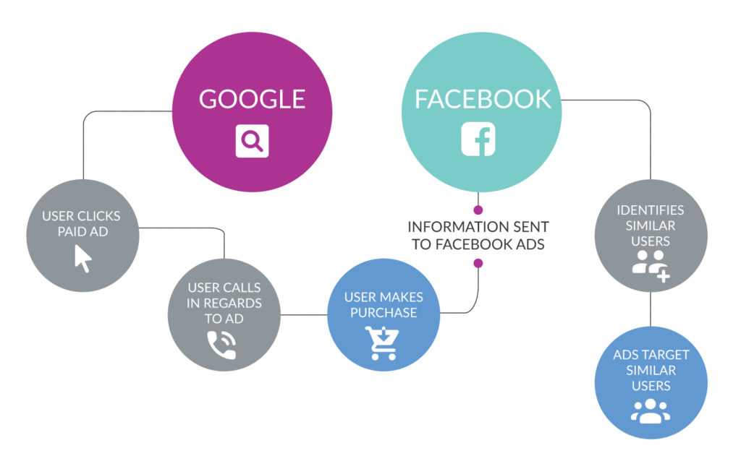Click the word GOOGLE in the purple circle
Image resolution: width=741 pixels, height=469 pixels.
252,99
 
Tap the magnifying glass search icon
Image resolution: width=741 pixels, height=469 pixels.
252,141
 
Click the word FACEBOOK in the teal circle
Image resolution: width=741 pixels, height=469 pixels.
483,99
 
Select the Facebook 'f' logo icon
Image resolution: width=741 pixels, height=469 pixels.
478,139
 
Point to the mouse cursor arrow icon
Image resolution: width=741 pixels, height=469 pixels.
83,258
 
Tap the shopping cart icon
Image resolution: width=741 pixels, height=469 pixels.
382,343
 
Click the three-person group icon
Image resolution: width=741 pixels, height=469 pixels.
651,410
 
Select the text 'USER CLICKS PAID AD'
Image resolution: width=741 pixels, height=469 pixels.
81,223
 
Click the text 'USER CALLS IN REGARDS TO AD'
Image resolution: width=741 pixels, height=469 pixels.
224,303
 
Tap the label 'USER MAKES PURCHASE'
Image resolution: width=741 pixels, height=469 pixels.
384,305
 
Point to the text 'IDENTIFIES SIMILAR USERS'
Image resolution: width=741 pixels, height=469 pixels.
651,225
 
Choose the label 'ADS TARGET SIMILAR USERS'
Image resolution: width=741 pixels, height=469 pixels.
651,370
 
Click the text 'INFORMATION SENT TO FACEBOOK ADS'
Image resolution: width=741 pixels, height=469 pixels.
478,236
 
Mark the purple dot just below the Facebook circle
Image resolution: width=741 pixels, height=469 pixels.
478,209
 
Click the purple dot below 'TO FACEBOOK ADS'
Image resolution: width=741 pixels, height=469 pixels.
478,263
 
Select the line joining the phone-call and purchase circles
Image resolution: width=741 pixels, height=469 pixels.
304,314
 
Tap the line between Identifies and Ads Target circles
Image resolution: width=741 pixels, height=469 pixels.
651,309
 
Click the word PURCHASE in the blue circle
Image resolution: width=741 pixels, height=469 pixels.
384,313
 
